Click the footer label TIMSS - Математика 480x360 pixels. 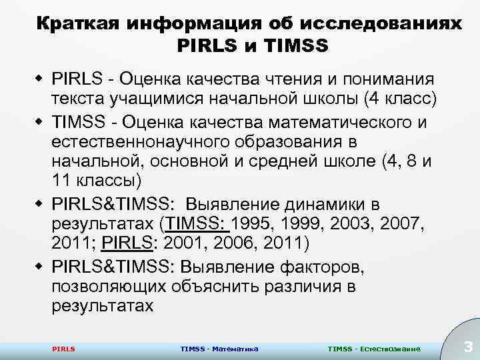[x=219, y=349]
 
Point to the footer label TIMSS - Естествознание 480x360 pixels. [x=374, y=349]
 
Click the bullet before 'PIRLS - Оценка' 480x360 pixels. [x=39, y=79]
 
